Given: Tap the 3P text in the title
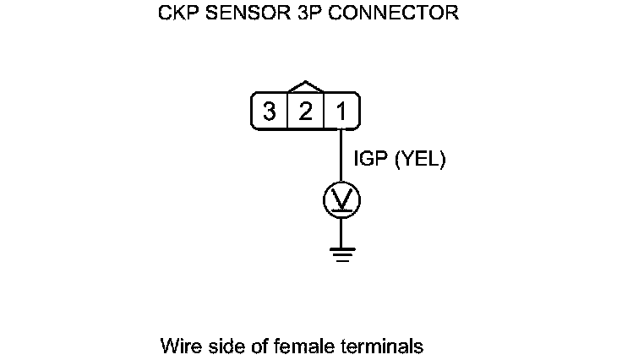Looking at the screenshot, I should [301, 15].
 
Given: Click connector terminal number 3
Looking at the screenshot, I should [270, 112].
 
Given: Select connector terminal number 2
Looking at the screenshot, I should [305, 112].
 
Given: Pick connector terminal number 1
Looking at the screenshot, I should [341, 112].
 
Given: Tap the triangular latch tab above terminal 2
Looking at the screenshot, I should [305, 87].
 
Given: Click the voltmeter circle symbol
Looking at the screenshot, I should [341, 200].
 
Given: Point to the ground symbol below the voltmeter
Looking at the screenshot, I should [341, 253].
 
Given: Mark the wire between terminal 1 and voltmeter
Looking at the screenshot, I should [341, 155].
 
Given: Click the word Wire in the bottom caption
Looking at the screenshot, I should [178, 346].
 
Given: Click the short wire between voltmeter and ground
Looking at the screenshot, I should [341, 232].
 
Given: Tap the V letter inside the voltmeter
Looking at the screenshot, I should [341, 200].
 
